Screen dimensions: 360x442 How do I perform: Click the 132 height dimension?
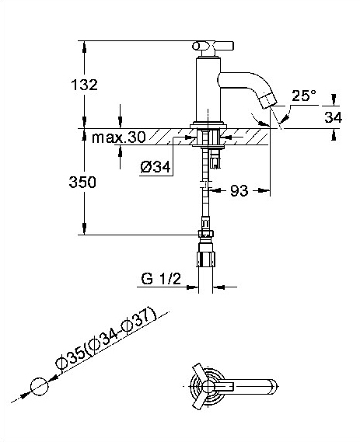84,85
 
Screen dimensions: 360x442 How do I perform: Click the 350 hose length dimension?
82,182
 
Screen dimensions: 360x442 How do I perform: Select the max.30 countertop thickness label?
119,137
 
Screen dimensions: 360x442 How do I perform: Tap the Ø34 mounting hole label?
156,167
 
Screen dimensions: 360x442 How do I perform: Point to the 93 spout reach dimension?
239,190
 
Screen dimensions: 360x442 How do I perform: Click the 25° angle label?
304,96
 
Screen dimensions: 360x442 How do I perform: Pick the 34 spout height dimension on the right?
334,117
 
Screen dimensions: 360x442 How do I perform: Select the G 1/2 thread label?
161,279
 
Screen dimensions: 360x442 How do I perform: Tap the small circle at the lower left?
40,386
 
